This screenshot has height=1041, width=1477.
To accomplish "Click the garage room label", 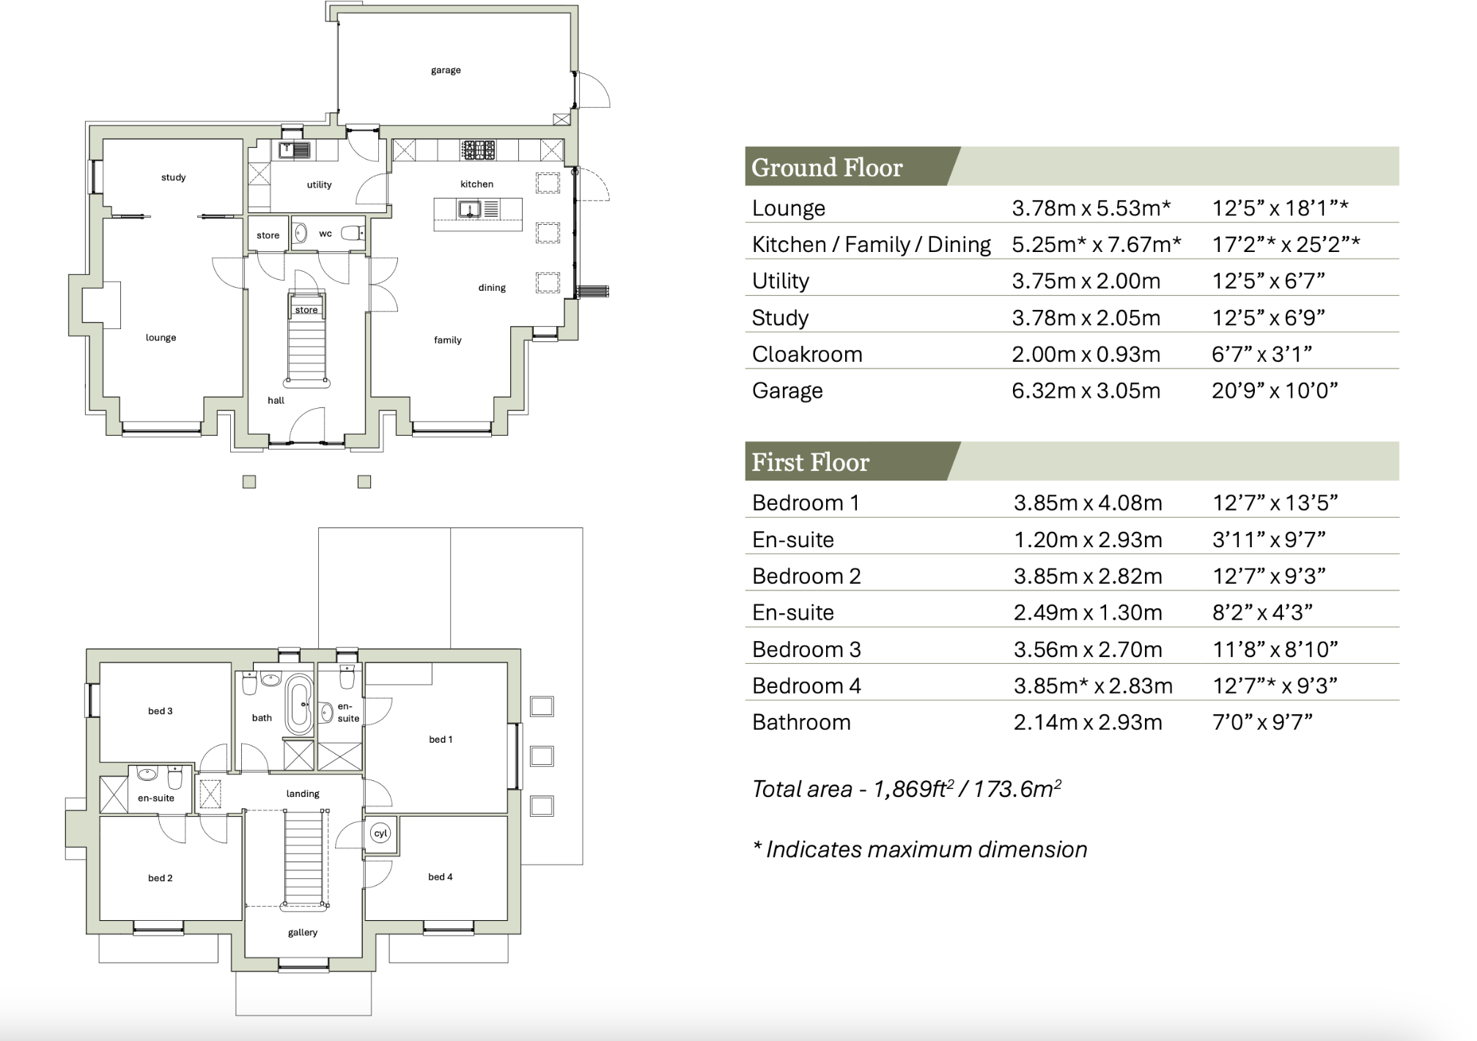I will point(446,70).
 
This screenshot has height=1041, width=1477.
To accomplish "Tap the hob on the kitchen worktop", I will point(478,150).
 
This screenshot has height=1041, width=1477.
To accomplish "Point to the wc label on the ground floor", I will point(325,234).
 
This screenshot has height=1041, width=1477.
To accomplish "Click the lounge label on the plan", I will point(161,338).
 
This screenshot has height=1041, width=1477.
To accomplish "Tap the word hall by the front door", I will point(276,400).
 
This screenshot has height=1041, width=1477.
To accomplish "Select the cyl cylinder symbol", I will point(380,834).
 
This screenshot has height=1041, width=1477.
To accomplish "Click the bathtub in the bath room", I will point(298,705).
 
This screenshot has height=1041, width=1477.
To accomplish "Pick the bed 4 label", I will point(441,877).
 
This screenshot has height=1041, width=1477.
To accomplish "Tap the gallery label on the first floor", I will point(303,933).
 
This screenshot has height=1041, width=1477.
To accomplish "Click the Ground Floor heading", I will point(826,168).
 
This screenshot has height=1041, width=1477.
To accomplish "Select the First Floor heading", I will point(810,462).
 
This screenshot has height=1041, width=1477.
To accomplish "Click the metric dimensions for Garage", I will point(1086,391).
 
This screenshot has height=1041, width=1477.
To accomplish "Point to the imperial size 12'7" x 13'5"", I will point(1275,503).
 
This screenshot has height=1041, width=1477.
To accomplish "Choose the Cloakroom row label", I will point(807,355).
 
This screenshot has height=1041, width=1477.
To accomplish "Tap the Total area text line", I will point(906,789).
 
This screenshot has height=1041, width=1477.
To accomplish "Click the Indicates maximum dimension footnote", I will point(920,850).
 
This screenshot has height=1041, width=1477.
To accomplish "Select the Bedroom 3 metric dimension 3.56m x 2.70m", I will point(1088,650).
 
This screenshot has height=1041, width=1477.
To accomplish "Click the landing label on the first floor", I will point(303,793).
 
